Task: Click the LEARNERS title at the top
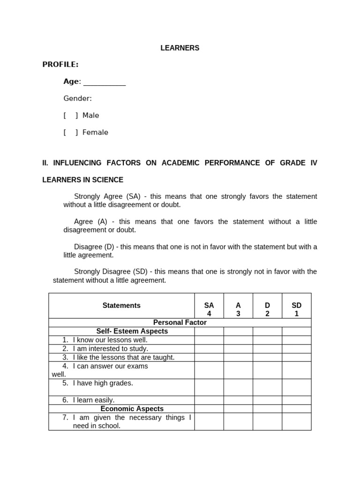pyautogui.click(x=180, y=48)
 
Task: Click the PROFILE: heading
pyautogui.click(x=60, y=65)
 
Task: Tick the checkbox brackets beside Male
pyautogui.click(x=71, y=115)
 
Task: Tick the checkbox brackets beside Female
pyautogui.click(x=71, y=132)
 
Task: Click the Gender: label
pyautogui.click(x=78, y=98)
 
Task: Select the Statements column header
pyautogui.click(x=121, y=306)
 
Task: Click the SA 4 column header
pyautogui.click(x=209, y=309)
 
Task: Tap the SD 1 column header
pyautogui.click(x=296, y=309)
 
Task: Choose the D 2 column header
pyautogui.click(x=267, y=309)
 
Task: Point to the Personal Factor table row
pyautogui.click(x=180, y=322)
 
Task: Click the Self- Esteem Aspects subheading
pyautogui.click(x=132, y=331)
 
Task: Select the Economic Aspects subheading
pyautogui.click(x=132, y=409)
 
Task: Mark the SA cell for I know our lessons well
pyautogui.click(x=209, y=340)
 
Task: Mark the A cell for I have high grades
pyautogui.click(x=238, y=387)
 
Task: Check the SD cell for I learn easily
pyautogui.click(x=296, y=400)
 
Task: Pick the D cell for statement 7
pyautogui.click(x=267, y=421)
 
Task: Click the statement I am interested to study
pyautogui.click(x=111, y=349)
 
